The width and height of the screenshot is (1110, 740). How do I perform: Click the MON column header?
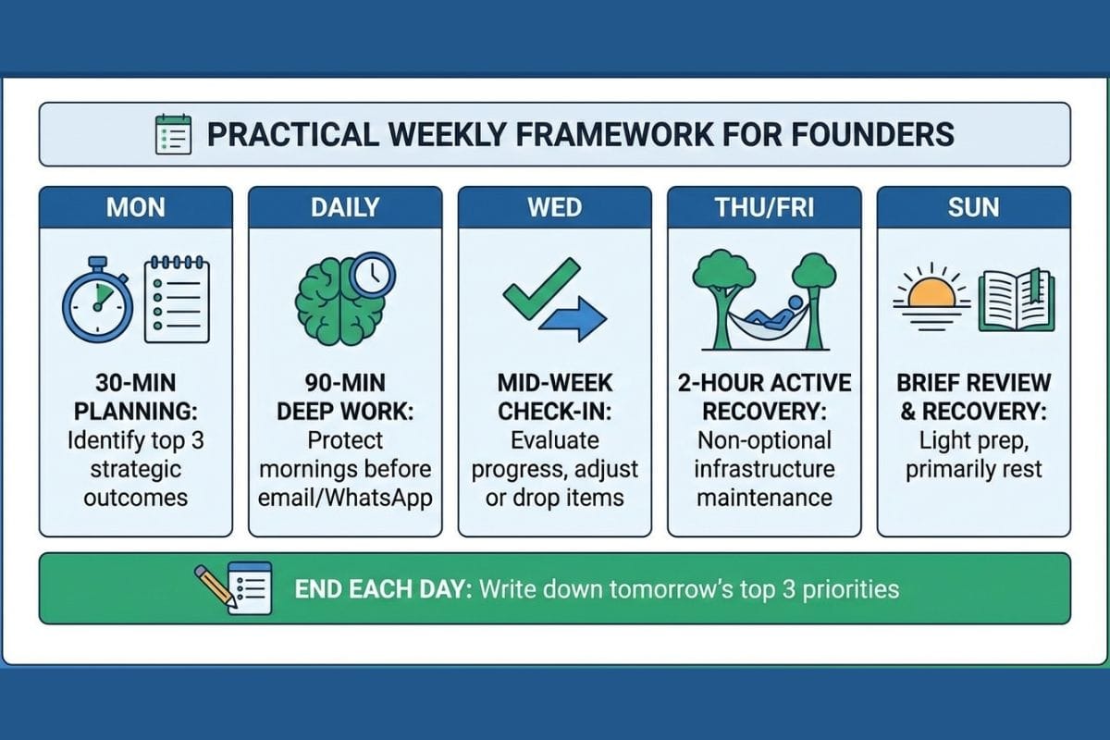pyautogui.click(x=136, y=207)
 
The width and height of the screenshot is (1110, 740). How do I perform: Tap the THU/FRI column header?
pyautogui.click(x=765, y=207)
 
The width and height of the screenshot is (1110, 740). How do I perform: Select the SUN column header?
pyautogui.click(x=974, y=207)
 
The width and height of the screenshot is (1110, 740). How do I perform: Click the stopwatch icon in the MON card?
pyautogui.click(x=98, y=300)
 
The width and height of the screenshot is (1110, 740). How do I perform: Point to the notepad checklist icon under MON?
pyautogui.click(x=177, y=300)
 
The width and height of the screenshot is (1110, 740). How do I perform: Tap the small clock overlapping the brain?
pyautogui.click(x=372, y=275)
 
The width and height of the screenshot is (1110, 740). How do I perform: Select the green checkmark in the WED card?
pyautogui.click(x=541, y=289)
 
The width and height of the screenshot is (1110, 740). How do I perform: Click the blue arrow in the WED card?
pyautogui.click(x=573, y=319)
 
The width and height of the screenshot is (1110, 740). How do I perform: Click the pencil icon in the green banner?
pyautogui.click(x=215, y=586)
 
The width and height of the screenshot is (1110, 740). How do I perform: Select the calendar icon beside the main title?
pyautogui.click(x=174, y=134)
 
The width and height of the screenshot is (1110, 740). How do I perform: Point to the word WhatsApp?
pyautogui.click(x=379, y=499)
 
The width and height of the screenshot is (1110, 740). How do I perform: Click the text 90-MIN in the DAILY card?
pyautogui.click(x=345, y=383)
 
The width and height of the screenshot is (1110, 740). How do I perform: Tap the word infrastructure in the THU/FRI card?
pyautogui.click(x=765, y=469)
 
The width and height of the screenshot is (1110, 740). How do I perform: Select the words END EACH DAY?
pyautogui.click(x=384, y=589)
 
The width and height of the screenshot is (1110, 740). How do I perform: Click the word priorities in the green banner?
pyautogui.click(x=850, y=590)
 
